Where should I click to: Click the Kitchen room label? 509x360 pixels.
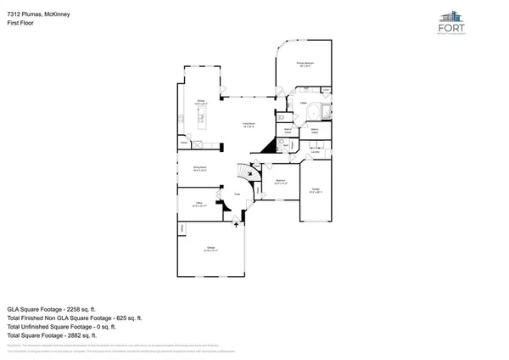[x=202, y=101]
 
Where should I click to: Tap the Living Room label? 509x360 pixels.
[x=249, y=124]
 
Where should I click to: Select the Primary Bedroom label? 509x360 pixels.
[x=305, y=65]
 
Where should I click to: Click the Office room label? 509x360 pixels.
[x=198, y=204]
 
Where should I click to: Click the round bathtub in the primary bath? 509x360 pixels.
[x=316, y=112]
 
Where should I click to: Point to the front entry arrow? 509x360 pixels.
[x=238, y=222]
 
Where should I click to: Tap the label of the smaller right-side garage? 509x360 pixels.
[x=314, y=192]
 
